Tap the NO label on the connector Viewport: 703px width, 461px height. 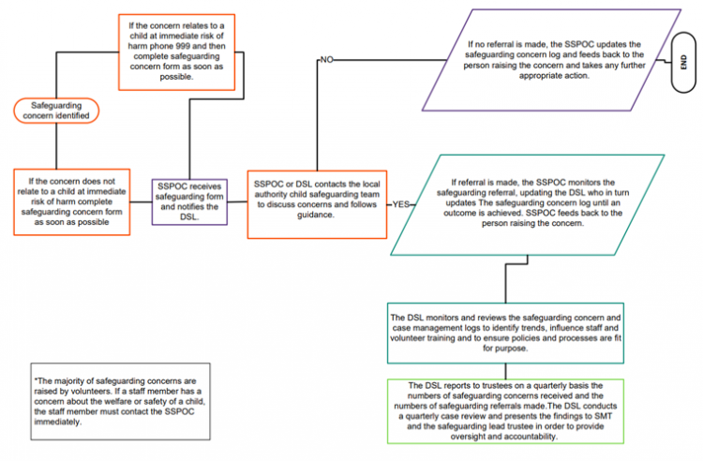[327, 59]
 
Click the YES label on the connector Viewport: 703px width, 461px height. [401, 203]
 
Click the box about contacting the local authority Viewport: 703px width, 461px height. [316, 201]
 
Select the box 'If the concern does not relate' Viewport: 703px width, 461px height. [71, 201]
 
